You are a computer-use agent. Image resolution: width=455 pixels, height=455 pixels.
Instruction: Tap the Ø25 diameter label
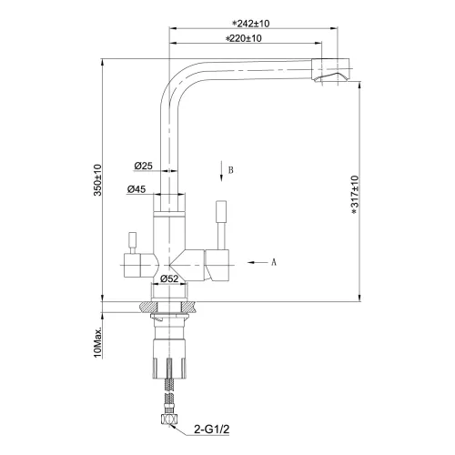tap(143, 166)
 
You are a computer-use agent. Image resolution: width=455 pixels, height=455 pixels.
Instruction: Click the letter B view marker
tap(231, 170)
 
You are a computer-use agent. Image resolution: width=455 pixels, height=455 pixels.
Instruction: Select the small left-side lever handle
tap(130, 239)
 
